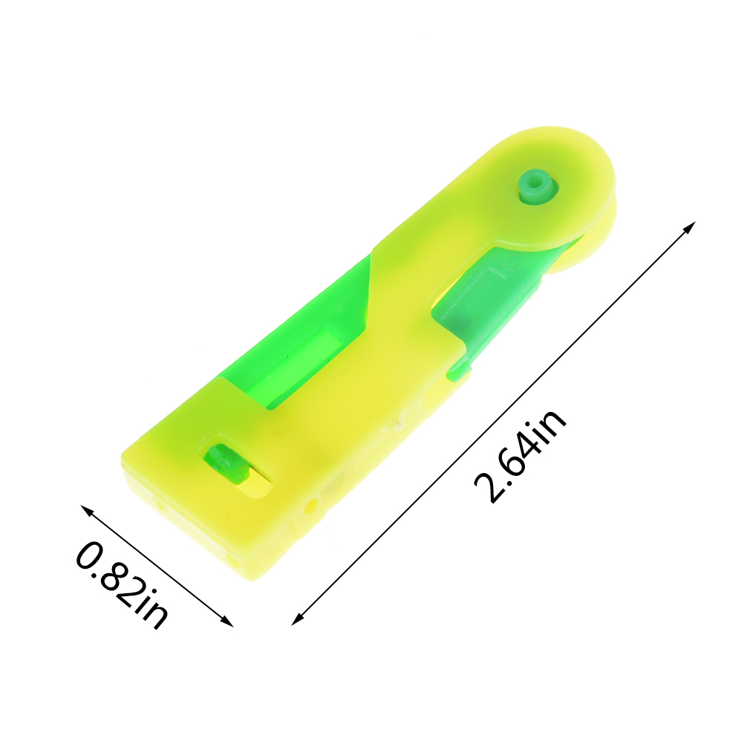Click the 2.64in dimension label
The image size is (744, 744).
click(521, 455)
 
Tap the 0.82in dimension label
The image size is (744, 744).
click(122, 585)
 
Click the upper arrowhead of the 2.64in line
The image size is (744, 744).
click(690, 227)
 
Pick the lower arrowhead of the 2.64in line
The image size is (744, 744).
click(297, 619)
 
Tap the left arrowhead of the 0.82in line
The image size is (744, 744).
click(87, 511)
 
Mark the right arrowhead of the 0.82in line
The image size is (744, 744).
click(227, 621)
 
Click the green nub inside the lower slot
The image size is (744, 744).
click(226, 463)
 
